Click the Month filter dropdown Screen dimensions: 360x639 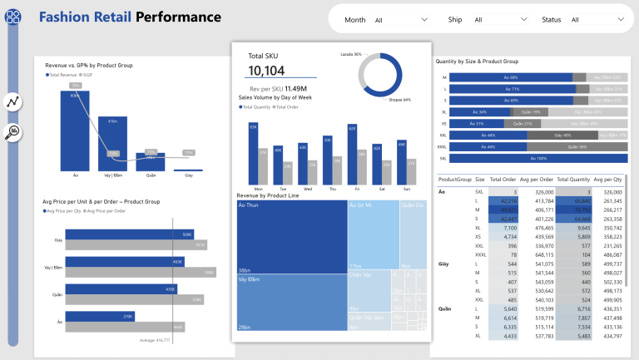pyautogui.click(x=400, y=19)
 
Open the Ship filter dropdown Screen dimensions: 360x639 pyautogui.click(x=499, y=19)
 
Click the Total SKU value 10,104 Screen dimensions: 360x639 pyautogui.click(x=266, y=71)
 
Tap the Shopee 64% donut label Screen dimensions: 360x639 pyautogui.click(x=400, y=100)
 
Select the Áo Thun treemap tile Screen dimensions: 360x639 pyautogui.click(x=291, y=237)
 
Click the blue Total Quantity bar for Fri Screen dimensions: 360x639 pyautogui.click(x=352, y=158)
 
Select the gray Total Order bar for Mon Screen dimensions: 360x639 pyautogui.click(x=263, y=167)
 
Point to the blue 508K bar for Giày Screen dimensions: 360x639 pyautogui.click(x=128, y=234)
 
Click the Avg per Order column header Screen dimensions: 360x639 pyautogui.click(x=537, y=180)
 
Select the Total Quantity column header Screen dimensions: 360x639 pyautogui.click(x=573, y=180)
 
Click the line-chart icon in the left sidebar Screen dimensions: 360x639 pyautogui.click(x=13, y=102)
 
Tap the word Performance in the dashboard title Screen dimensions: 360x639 pyautogui.click(x=178, y=17)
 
